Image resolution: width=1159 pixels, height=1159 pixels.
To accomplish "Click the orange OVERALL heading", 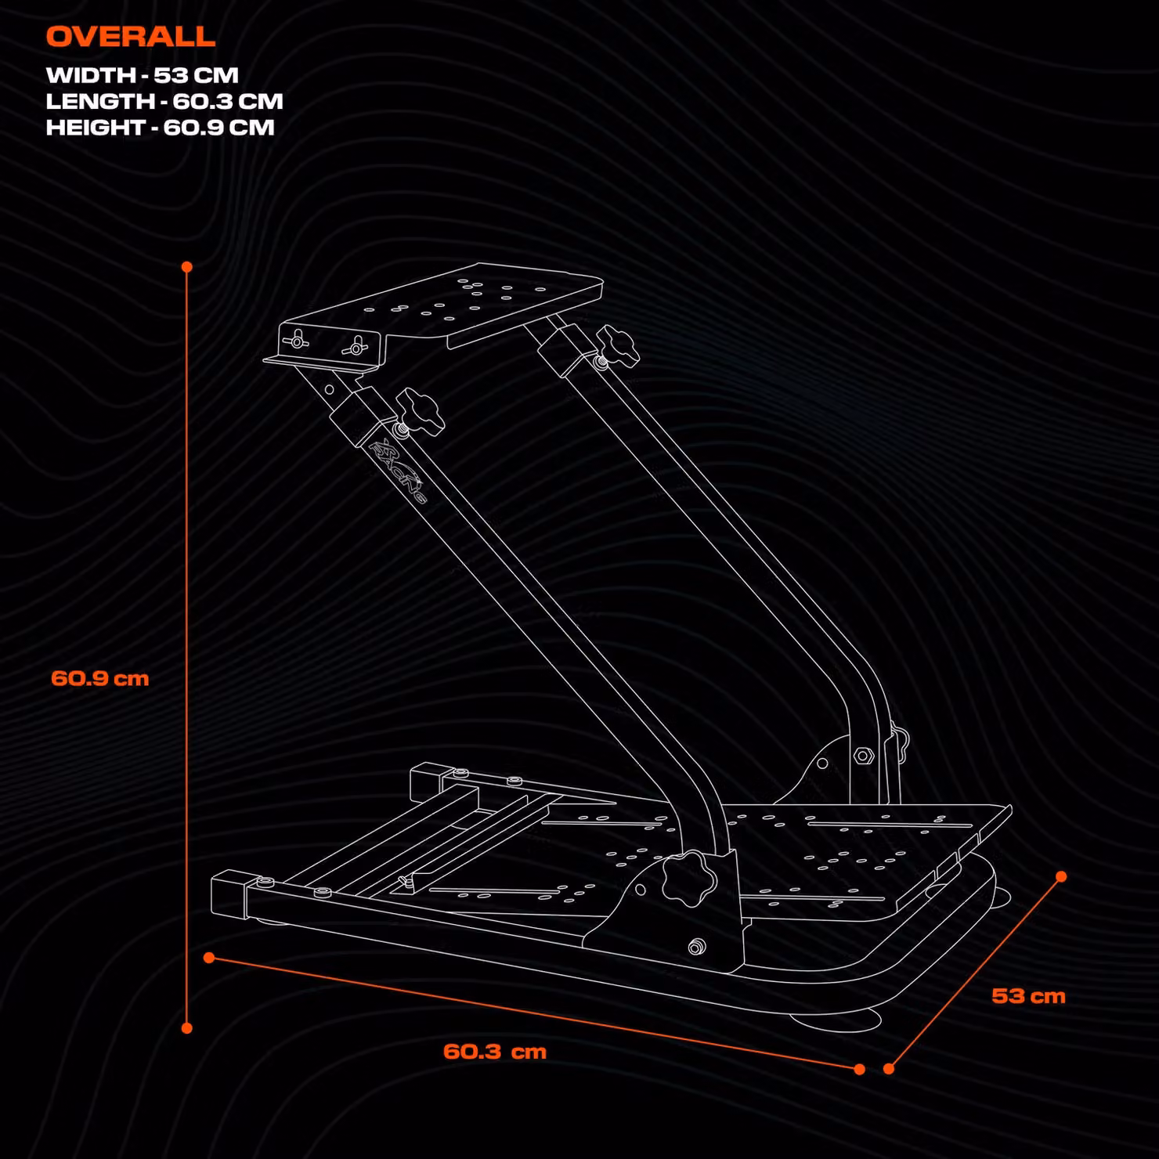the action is (x=130, y=36).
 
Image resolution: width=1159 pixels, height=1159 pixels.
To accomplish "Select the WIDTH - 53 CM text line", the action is (x=142, y=75).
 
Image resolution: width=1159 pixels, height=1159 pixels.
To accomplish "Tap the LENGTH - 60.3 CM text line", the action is (x=164, y=101).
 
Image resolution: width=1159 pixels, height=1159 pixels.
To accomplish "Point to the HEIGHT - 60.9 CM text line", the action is (x=161, y=127).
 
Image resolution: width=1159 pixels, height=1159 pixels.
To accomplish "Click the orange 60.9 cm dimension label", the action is (x=100, y=678).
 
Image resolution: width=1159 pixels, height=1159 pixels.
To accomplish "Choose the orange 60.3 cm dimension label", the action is (x=495, y=1051).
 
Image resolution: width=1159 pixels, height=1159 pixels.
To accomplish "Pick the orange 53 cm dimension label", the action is (x=1028, y=996).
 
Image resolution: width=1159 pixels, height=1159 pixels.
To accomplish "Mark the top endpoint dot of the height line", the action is (x=187, y=267).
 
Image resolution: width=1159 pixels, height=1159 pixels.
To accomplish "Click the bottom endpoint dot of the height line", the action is (x=187, y=1028).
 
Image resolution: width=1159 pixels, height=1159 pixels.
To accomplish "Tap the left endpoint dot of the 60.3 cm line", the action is (x=209, y=958).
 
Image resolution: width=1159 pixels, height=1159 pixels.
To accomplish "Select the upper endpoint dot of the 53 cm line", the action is (x=1061, y=876).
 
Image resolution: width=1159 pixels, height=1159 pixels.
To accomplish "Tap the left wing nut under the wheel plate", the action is (x=297, y=340).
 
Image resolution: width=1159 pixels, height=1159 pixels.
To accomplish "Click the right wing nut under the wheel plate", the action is (x=356, y=345).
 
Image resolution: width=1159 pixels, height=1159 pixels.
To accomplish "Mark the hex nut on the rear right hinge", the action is (x=863, y=756).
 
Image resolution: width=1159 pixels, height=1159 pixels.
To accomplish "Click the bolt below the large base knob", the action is (x=695, y=948).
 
